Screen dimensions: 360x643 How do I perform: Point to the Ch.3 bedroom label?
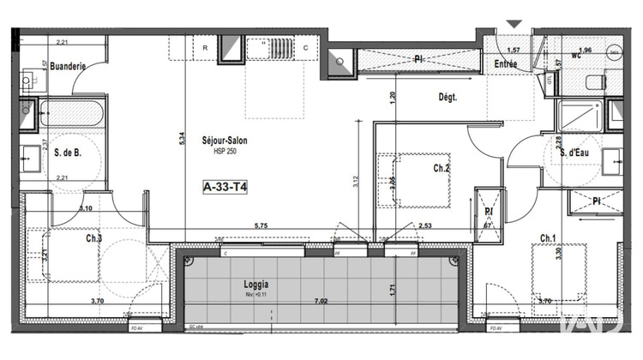click(x=93, y=238)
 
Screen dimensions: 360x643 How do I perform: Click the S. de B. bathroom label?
click(x=65, y=153)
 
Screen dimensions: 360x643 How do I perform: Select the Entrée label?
click(x=506, y=65)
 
